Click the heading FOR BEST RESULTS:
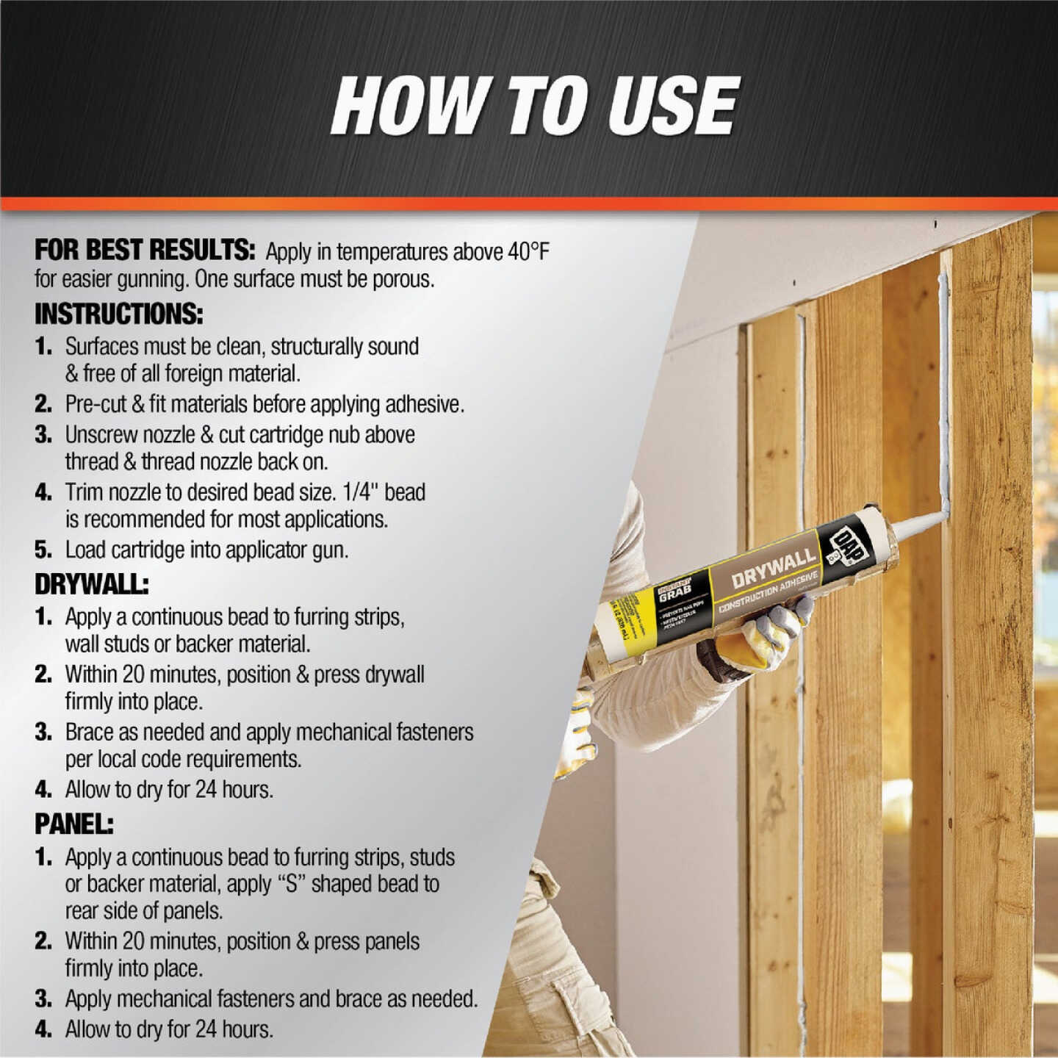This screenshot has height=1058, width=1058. click(x=145, y=251)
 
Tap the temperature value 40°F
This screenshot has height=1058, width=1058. click(x=528, y=252)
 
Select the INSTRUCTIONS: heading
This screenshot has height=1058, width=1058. click(x=118, y=314)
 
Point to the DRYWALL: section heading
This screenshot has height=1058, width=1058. click(x=91, y=585)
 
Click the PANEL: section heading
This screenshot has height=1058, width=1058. click(x=73, y=825)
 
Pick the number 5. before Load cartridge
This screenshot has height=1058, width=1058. click(x=43, y=550)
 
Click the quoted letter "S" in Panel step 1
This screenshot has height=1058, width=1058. click(x=291, y=884)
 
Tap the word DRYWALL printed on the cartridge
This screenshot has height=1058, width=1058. click(x=773, y=568)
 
